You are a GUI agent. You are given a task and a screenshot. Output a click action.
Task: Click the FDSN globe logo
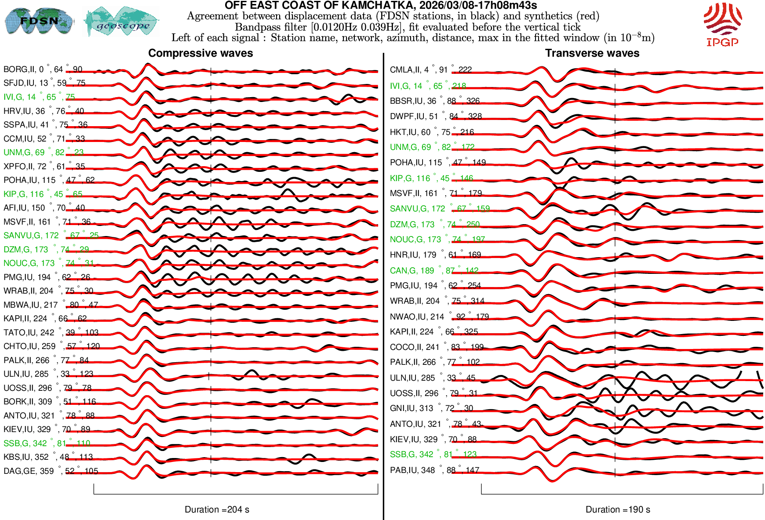[x=39, y=21]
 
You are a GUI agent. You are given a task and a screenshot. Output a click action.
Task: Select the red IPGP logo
[x=722, y=25]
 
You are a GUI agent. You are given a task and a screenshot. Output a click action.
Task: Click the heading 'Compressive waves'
[x=200, y=53]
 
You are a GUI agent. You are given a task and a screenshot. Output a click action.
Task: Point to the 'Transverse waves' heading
[x=592, y=53]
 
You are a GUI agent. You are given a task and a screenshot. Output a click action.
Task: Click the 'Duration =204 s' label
[x=217, y=509]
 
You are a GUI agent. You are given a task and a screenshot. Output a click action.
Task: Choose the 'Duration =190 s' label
[x=618, y=509]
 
